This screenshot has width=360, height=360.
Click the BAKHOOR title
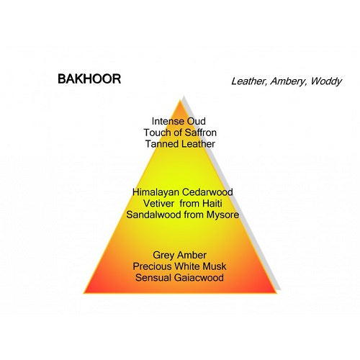(x=89, y=78)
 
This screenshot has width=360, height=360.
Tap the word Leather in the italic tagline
(x=248, y=81)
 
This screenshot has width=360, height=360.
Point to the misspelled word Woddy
(x=326, y=82)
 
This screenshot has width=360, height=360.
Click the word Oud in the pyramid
(x=196, y=121)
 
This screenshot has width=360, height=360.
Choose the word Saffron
(x=201, y=132)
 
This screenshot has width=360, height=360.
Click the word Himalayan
(x=156, y=192)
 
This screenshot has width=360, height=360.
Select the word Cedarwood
(x=207, y=192)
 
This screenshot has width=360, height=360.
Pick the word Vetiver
(x=158, y=204)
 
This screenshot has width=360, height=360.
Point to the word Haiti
(x=212, y=204)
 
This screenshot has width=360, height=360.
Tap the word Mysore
(x=222, y=215)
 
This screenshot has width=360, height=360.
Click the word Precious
(x=152, y=266)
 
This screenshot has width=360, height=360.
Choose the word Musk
(x=215, y=266)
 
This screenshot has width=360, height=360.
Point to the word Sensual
(x=153, y=278)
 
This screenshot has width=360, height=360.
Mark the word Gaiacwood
(x=199, y=278)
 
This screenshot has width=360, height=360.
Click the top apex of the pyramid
(x=180, y=100)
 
